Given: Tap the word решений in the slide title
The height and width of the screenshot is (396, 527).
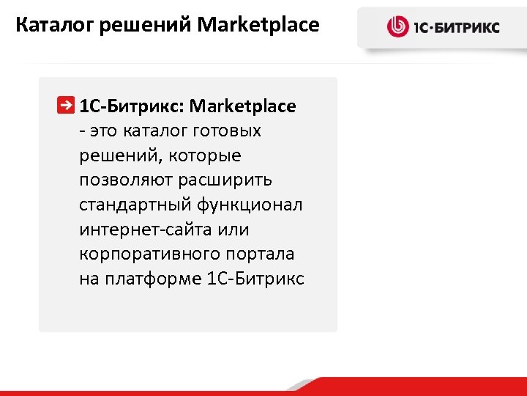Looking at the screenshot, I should click(142, 26).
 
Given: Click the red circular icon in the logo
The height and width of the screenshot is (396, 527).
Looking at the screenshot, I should click(397, 28).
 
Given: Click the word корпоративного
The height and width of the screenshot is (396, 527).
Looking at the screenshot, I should click(145, 254).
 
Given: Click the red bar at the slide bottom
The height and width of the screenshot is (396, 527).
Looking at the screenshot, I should click(439, 387).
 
